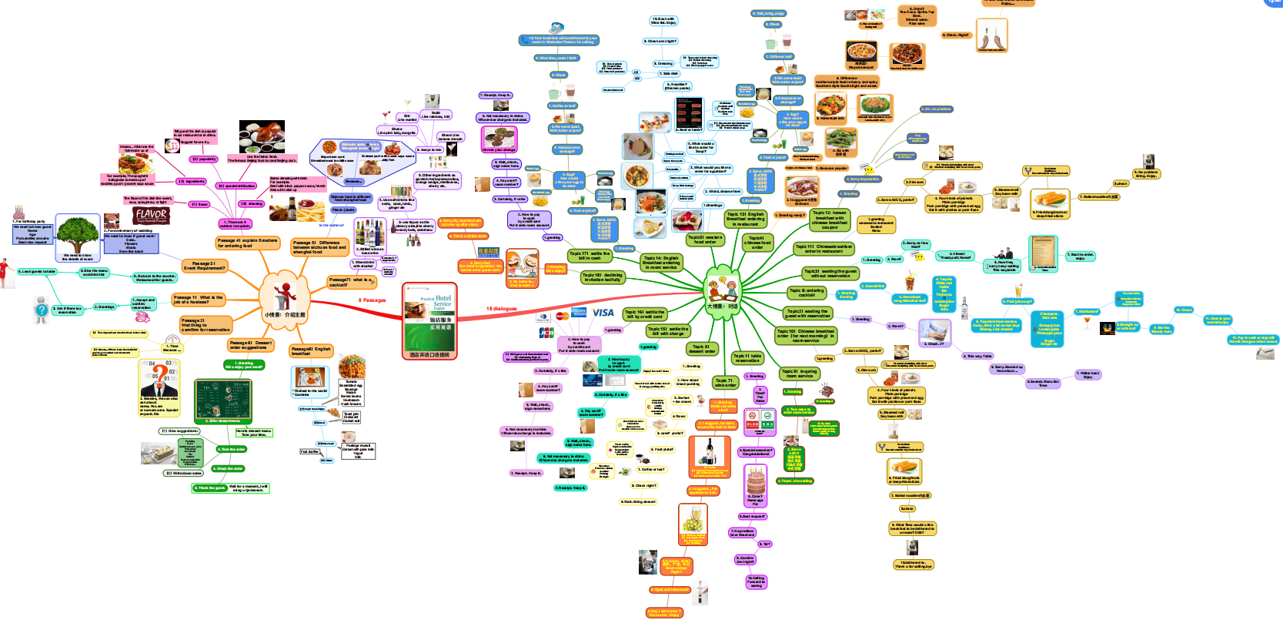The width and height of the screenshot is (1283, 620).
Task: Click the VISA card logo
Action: click(x=603, y=313)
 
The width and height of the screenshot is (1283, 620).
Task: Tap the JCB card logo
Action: click(x=546, y=333)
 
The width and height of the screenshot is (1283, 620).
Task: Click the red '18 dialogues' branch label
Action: click(x=501, y=309)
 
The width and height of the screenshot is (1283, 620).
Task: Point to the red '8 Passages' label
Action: click(x=372, y=300)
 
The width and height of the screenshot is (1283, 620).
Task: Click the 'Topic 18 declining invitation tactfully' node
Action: click(x=602, y=277)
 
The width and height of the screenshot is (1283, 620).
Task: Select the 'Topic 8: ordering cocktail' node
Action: click(x=806, y=293)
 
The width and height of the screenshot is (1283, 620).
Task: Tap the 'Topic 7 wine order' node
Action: click(x=725, y=382)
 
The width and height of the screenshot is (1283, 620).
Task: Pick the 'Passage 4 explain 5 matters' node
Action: click(x=247, y=243)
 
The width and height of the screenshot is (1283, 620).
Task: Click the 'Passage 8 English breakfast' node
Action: click(x=311, y=351)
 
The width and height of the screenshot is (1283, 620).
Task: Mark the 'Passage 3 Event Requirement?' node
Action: click(x=204, y=266)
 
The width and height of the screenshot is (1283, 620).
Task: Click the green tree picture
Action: click(x=77, y=236)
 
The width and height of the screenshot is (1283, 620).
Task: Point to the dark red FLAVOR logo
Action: click(x=151, y=215)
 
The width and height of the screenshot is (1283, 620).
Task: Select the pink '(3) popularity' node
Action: click(x=204, y=159)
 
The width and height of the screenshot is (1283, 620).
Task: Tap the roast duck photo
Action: click(x=261, y=134)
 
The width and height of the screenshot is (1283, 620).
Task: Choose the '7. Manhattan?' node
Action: click(x=1088, y=312)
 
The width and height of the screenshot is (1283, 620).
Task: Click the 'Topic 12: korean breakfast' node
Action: click(x=830, y=220)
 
